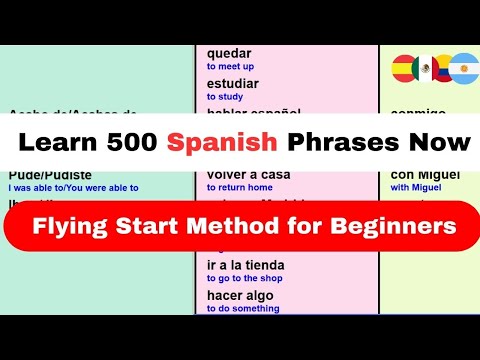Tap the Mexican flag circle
pyautogui.click(x=426, y=68)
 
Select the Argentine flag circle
pyautogui.click(x=464, y=68)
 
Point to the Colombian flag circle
pyautogui.click(x=444, y=68)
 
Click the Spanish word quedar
pyautogui.click(x=230, y=54)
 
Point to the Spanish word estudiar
pyautogui.click(x=233, y=84)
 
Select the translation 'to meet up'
pyautogui.click(x=231, y=67)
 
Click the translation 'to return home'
pyautogui.click(x=240, y=186)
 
